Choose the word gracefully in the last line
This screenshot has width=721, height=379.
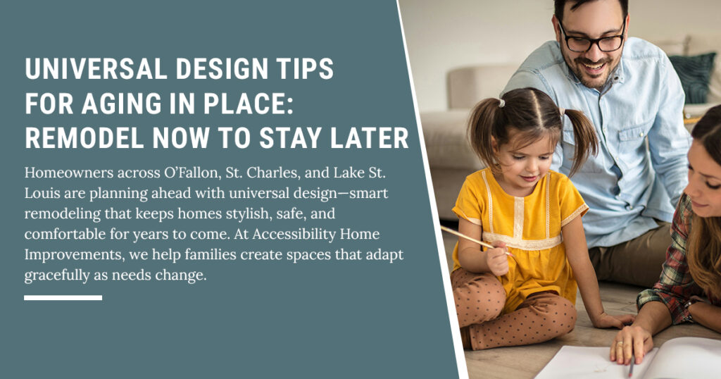[58, 276]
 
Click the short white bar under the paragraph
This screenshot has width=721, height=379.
[63, 298]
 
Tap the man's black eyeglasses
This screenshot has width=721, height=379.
[591, 39]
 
